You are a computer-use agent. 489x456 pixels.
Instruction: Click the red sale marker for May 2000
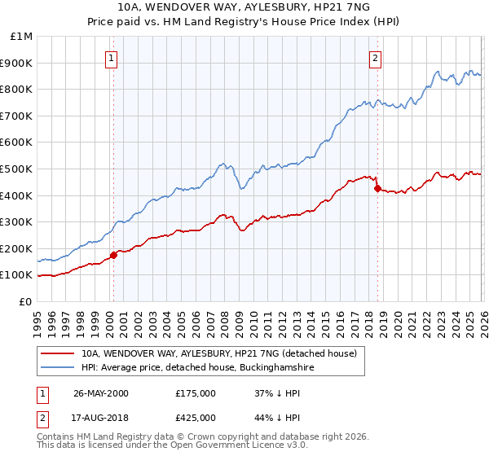[x=114, y=255]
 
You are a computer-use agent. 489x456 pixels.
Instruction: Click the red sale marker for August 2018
[x=377, y=189]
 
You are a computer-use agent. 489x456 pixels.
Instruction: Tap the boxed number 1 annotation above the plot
[x=111, y=58]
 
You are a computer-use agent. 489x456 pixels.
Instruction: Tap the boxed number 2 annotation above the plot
[x=375, y=58]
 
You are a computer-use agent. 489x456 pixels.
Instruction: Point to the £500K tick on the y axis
[x=18, y=169]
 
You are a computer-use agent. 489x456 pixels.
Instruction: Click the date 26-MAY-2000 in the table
[x=101, y=393]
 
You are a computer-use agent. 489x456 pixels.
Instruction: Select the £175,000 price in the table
[x=196, y=393]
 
